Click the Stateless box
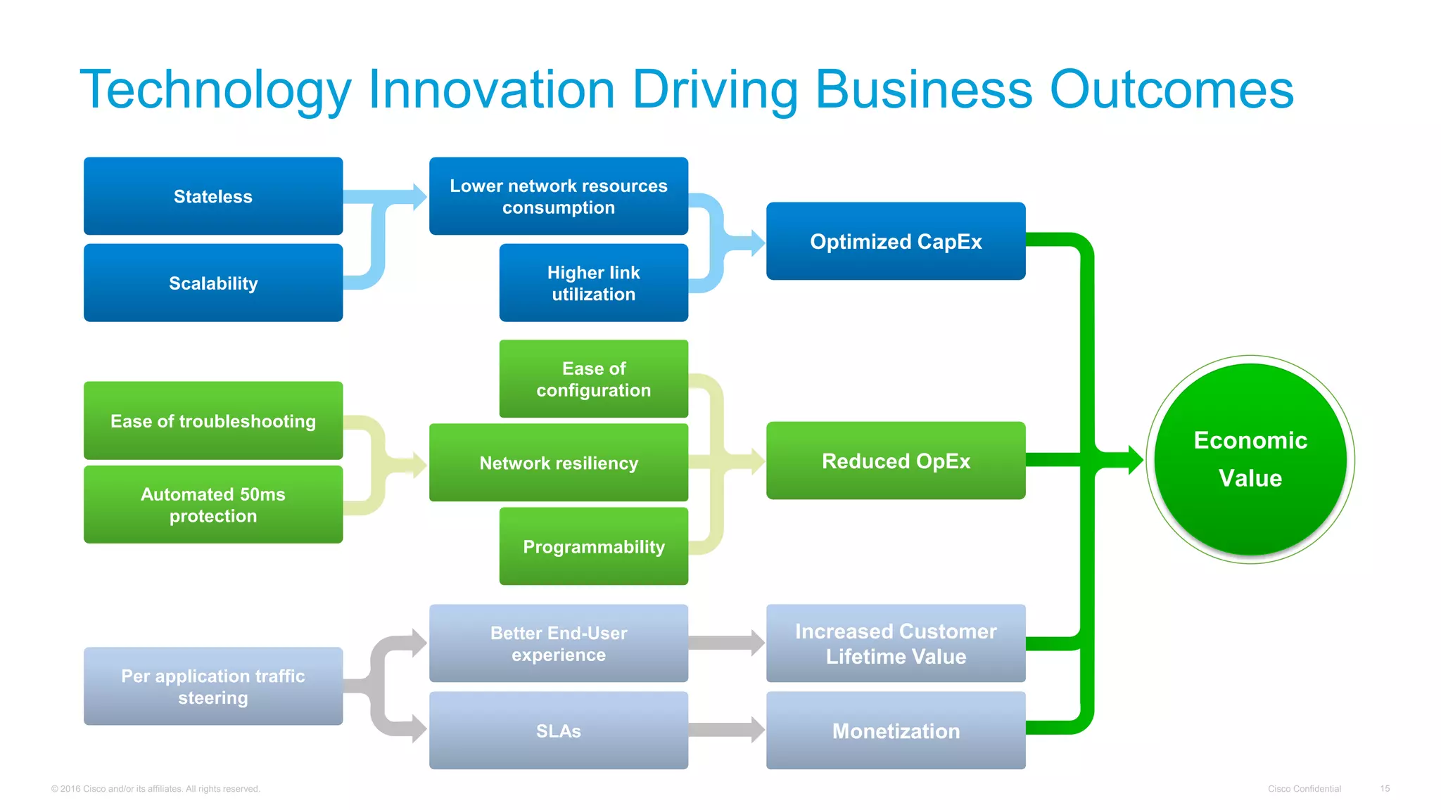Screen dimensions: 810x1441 click(x=213, y=196)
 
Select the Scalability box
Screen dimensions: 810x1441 click(x=213, y=283)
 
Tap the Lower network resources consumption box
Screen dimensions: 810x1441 click(x=559, y=196)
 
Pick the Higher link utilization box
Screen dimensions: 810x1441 click(x=593, y=283)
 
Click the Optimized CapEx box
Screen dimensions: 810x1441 click(x=896, y=241)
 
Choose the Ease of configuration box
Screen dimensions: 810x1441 click(x=593, y=379)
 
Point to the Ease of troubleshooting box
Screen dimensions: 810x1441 click(x=213, y=420)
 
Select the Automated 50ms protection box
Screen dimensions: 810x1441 click(x=213, y=504)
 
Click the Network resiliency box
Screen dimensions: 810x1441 click(x=559, y=463)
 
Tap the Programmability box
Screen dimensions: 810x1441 click(x=593, y=546)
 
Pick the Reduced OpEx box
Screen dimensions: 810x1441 click(x=896, y=461)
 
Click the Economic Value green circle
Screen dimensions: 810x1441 click(x=1250, y=459)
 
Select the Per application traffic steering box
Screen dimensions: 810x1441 click(x=213, y=686)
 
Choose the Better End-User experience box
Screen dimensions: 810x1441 click(x=559, y=643)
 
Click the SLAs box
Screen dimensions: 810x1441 click(x=559, y=731)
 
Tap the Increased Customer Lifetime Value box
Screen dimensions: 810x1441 click(x=896, y=643)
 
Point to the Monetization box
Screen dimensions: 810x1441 click(x=896, y=731)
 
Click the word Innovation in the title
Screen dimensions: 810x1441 click(x=491, y=89)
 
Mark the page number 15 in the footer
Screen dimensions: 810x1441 click(x=1384, y=789)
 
